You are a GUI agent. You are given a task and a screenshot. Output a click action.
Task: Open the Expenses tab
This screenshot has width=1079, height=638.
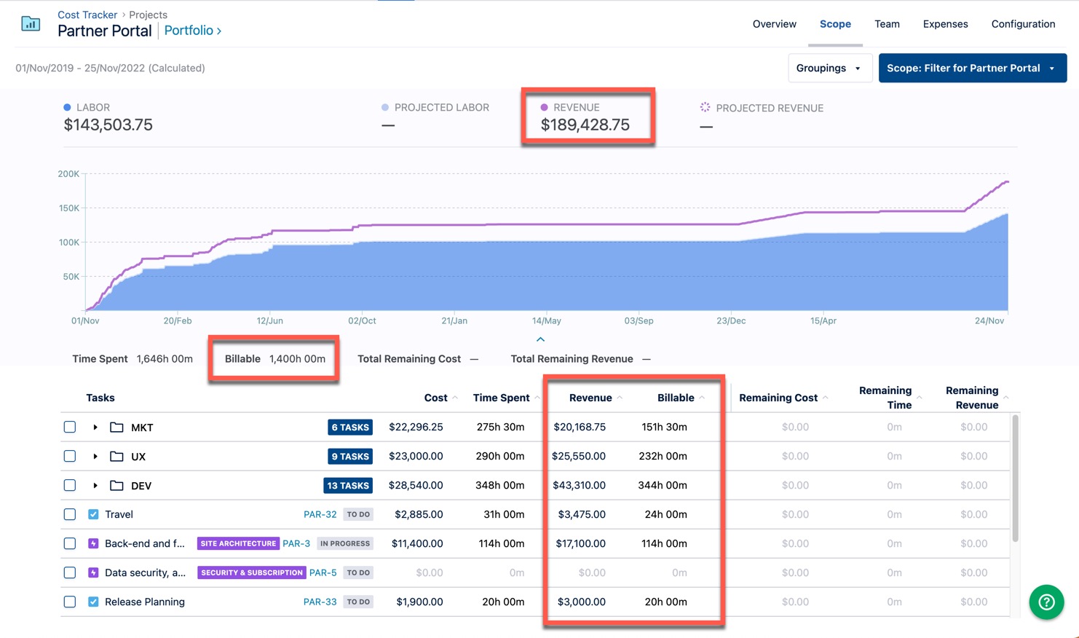pyautogui.click(x=945, y=24)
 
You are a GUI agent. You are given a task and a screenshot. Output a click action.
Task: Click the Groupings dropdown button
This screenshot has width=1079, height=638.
pyautogui.click(x=829, y=68)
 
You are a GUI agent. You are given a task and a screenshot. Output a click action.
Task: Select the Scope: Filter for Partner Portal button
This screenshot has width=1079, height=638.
pyautogui.click(x=972, y=68)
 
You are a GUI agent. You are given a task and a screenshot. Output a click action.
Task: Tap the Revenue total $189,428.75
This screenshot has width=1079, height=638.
pyautogui.click(x=585, y=125)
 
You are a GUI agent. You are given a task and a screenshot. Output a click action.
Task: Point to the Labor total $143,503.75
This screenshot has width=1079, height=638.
pyautogui.click(x=108, y=125)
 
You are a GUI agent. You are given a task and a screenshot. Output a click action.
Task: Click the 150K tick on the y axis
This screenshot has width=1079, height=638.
pyautogui.click(x=68, y=208)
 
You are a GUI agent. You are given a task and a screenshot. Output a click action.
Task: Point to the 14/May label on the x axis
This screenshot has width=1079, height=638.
pyautogui.click(x=546, y=320)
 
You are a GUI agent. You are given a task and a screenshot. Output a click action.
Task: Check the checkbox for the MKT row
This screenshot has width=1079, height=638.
pyautogui.click(x=70, y=427)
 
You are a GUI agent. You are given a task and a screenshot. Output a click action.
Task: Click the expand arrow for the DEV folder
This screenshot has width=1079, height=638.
pyautogui.click(x=95, y=485)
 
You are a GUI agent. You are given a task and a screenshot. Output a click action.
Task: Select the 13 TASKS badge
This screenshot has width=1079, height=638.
pyautogui.click(x=348, y=486)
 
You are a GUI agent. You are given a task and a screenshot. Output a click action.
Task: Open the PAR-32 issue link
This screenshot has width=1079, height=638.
pyautogui.click(x=320, y=514)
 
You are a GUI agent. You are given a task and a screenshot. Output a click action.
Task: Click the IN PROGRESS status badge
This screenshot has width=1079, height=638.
pyautogui.click(x=345, y=543)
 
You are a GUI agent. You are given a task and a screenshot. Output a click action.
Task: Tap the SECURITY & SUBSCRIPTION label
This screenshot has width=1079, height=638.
pyautogui.click(x=251, y=572)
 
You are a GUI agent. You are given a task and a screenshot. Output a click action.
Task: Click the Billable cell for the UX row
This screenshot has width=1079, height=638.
pyautogui.click(x=663, y=456)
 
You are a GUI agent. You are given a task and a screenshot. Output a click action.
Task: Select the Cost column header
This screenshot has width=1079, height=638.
pyautogui.click(x=435, y=398)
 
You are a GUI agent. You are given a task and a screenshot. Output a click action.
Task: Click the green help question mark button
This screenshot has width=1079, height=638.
pyautogui.click(x=1046, y=602)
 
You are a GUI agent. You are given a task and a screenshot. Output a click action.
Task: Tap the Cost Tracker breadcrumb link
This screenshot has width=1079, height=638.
pyautogui.click(x=87, y=15)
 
